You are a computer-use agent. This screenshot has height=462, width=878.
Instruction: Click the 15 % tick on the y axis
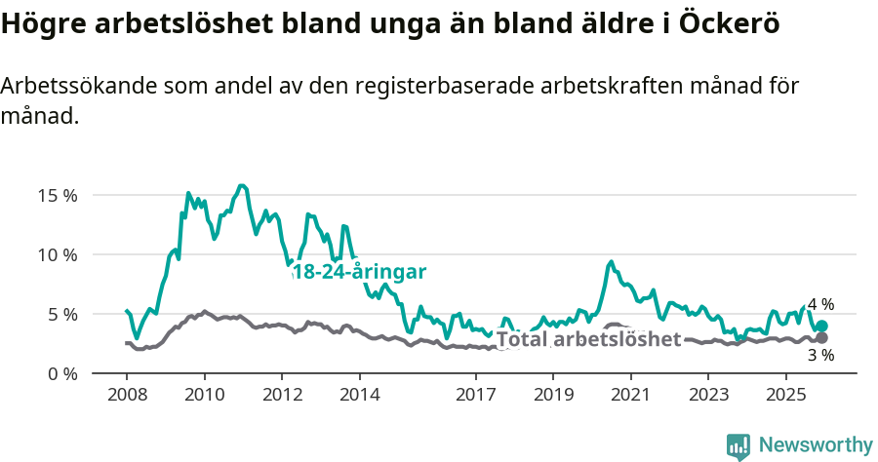[x=57, y=195]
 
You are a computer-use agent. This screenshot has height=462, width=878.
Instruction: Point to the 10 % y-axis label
[x=57, y=254]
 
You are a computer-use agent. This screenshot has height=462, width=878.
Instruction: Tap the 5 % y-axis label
[x=60, y=314]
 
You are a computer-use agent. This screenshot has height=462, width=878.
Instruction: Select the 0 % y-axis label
[x=60, y=373]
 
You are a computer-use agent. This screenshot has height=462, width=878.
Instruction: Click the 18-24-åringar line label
[x=359, y=272]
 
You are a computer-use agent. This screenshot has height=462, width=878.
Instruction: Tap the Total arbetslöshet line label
[x=588, y=339]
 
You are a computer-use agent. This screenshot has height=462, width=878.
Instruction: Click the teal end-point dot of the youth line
[x=821, y=327]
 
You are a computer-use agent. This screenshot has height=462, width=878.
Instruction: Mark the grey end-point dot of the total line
[x=821, y=338]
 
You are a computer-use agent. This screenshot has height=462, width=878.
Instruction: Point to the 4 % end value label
[x=820, y=305]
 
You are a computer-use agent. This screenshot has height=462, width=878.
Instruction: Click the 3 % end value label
[x=820, y=356]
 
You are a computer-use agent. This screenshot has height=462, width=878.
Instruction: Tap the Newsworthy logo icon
[x=738, y=446]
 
